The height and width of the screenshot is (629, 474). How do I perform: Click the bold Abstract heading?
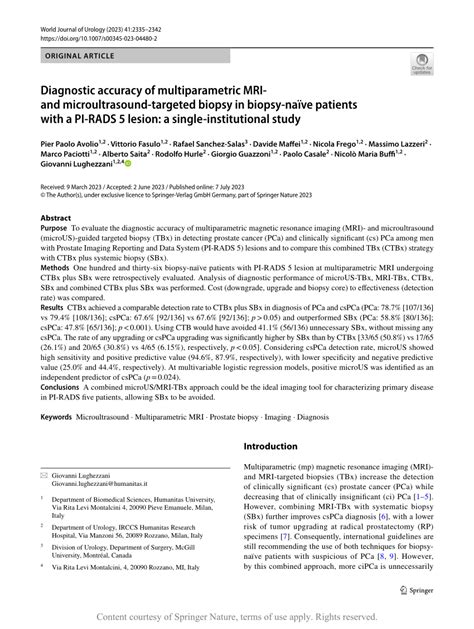click(56, 244)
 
